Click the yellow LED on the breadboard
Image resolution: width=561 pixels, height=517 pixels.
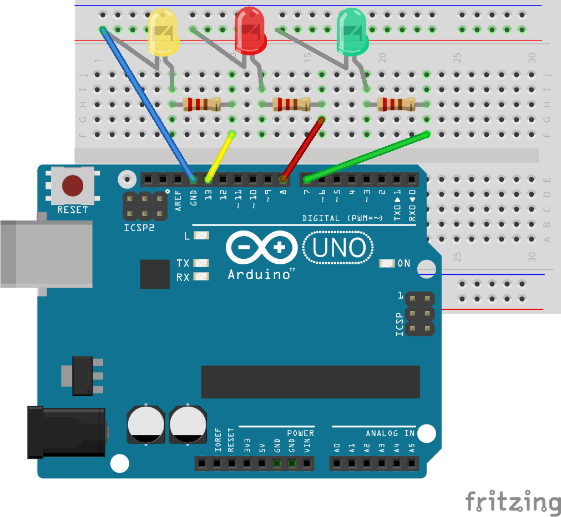click(163, 32)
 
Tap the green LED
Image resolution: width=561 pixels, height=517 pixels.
click(352, 32)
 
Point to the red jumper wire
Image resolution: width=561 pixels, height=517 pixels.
click(302, 148)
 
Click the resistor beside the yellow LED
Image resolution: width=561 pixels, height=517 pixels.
click(201, 104)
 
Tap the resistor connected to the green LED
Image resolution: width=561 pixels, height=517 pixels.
click(396, 104)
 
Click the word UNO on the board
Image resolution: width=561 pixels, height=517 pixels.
click(338, 249)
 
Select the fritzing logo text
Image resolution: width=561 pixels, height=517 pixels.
click(512, 501)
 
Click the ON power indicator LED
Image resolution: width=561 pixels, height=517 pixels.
click(386, 263)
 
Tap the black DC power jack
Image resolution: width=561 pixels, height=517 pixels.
click(67, 432)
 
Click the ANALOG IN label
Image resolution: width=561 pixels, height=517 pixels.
click(390, 433)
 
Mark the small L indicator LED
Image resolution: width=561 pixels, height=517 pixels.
click(201, 236)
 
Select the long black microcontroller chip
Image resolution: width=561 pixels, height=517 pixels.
click(310, 381)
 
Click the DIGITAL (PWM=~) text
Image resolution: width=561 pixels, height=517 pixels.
click(342, 218)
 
